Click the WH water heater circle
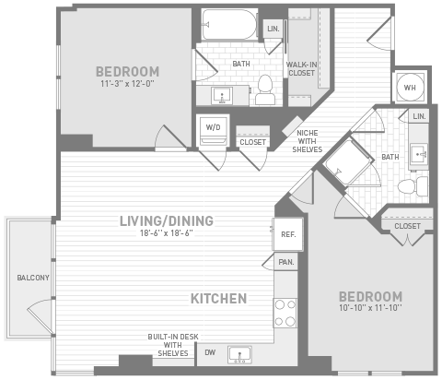[410, 88]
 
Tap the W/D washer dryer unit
[213, 130]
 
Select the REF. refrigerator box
[288, 234]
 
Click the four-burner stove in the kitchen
[285, 313]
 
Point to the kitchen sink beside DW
[239, 355]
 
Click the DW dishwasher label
[210, 352]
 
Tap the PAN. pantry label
[286, 262]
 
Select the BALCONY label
[33, 278]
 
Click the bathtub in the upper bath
[229, 25]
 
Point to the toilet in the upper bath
[265, 89]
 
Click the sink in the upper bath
[222, 95]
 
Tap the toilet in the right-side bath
[413, 186]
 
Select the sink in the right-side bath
[419, 154]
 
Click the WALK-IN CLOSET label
[301, 69]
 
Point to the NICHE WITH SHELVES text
[308, 141]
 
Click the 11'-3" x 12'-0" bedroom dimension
[127, 84]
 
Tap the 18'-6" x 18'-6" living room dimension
[167, 233]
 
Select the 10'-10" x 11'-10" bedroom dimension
[370, 307]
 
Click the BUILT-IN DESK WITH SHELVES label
[173, 345]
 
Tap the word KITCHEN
[219, 299]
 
